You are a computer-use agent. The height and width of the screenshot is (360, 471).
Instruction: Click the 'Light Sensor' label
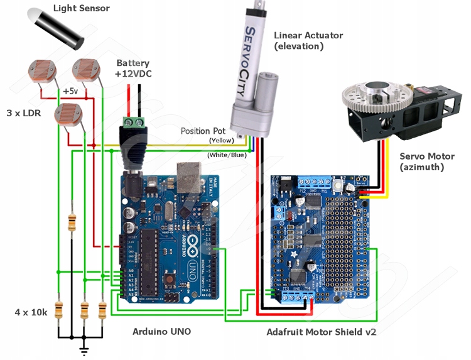point(81,8)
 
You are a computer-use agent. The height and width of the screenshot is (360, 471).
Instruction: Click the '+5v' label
point(70,91)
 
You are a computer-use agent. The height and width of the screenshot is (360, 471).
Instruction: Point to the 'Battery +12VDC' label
point(133,68)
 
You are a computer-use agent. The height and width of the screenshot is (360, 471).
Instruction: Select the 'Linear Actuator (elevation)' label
point(308,40)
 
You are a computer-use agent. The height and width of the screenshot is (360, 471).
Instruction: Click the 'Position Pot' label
point(203,131)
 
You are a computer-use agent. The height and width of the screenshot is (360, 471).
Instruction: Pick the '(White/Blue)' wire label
point(226,154)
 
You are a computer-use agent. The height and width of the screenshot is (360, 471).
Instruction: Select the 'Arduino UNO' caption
point(161,331)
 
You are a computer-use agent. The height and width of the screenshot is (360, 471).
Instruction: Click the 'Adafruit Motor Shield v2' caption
point(321,332)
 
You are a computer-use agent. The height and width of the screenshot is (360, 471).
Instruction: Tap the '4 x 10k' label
point(30,312)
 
